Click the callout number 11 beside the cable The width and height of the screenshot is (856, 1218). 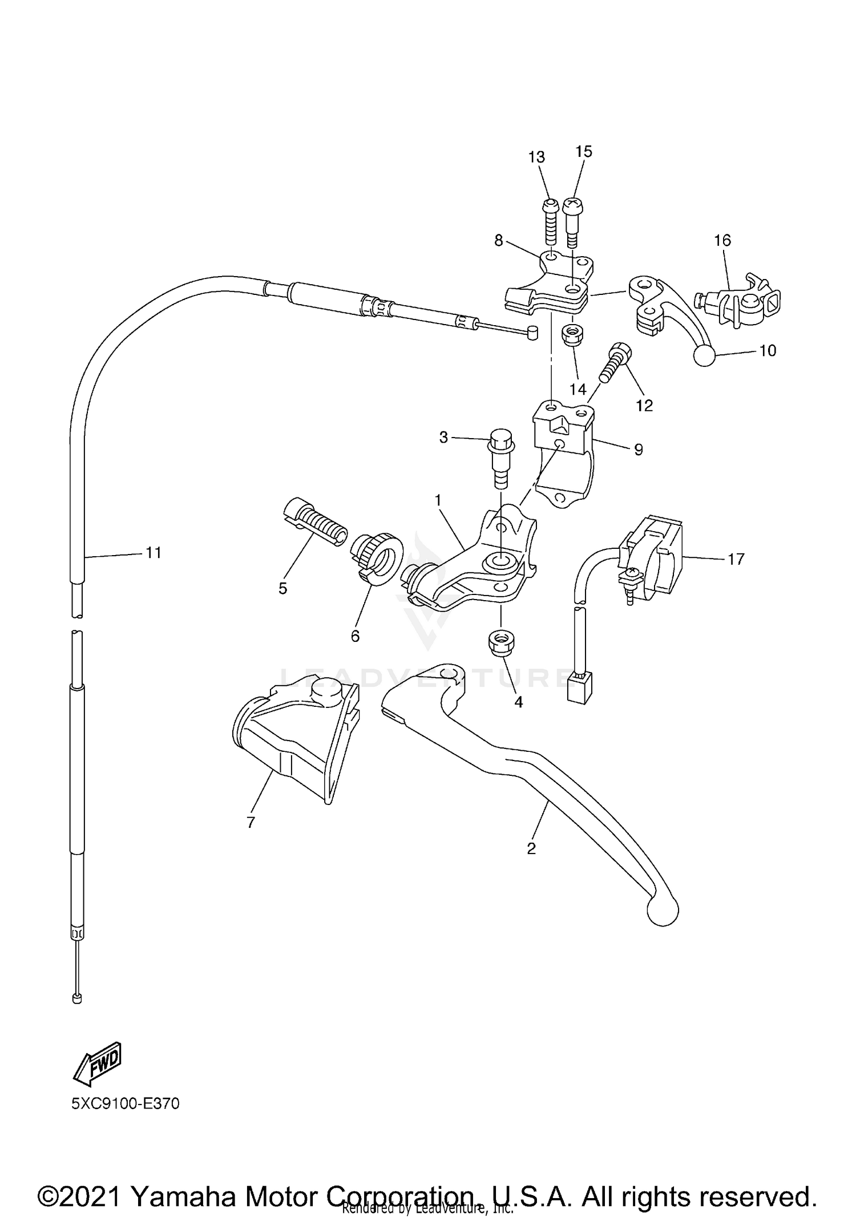[153, 552]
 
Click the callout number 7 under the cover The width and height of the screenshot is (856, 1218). [251, 822]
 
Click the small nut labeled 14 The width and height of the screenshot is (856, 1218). [572, 335]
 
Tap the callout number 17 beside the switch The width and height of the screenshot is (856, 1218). [736, 559]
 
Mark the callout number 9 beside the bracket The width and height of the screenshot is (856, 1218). [638, 450]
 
